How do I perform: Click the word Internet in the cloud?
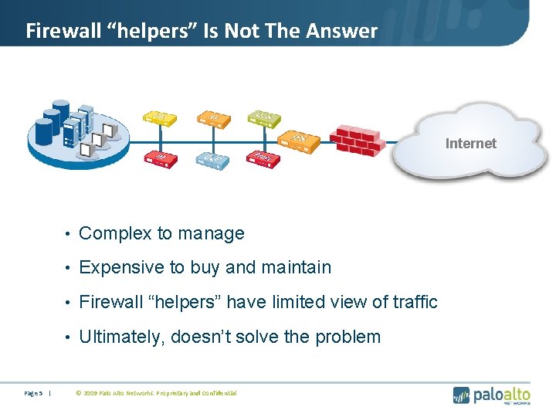(x=471, y=143)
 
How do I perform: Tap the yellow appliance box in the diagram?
(x=158, y=117)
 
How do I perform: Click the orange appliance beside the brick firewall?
(x=300, y=140)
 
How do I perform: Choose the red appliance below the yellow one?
(x=160, y=159)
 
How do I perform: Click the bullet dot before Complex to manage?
(x=69, y=234)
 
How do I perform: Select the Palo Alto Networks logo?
(x=492, y=394)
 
